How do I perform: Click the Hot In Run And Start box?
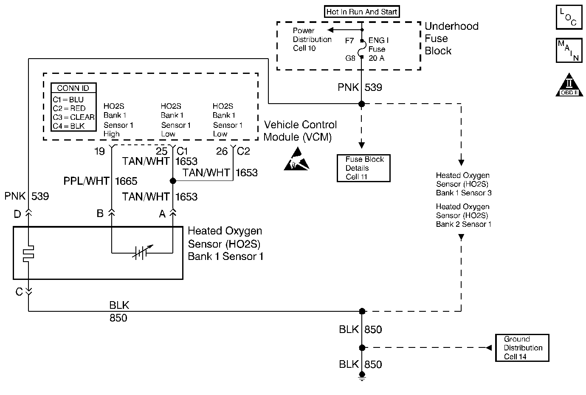362,12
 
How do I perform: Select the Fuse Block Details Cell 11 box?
363,168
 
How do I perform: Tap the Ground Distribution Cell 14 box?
522,348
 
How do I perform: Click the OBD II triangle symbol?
569,85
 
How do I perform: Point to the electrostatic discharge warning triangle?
297,159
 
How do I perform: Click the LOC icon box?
569,17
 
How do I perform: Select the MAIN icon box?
569,51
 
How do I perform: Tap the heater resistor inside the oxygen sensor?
28,254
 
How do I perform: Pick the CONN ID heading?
73,88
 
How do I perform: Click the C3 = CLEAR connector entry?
73,117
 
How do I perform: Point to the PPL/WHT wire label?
86,181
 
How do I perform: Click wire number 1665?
126,181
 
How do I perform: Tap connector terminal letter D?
17,214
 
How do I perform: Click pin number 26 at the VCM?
222,151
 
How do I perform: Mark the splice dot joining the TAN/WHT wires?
173,181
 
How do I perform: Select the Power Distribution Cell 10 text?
312,39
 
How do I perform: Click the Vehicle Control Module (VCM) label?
300,131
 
